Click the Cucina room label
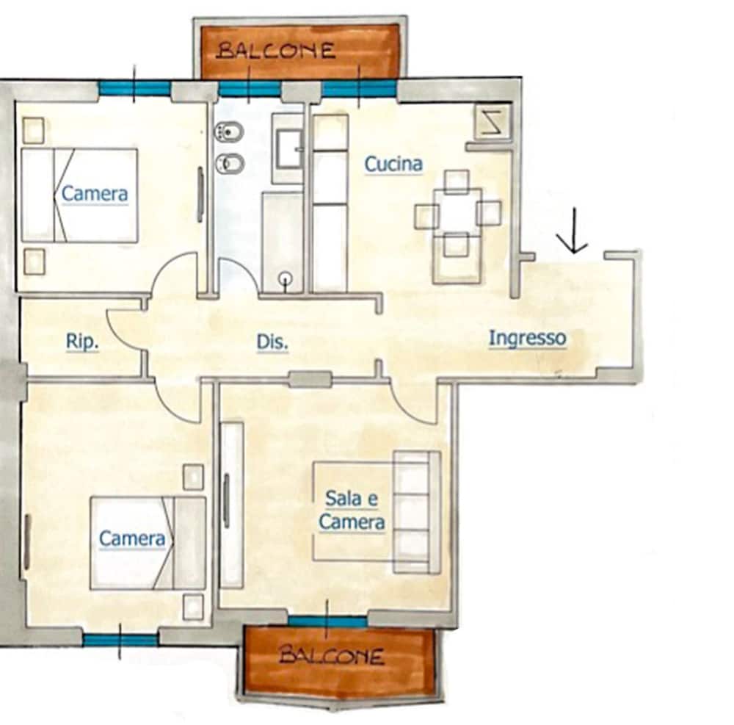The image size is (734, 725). coord(393,164)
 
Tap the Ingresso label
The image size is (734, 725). coord(528,338)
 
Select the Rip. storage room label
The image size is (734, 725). coord(82,341)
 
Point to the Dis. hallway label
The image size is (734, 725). coord(272,342)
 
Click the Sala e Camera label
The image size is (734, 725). coord(352,510)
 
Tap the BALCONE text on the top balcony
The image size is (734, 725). coord(277,50)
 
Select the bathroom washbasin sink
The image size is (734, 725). coord(288,149)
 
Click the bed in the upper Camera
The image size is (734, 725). coord(79,195)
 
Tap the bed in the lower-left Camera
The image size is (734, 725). coord(148,543)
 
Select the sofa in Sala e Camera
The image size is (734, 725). coord(417,512)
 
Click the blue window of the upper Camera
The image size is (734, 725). coord(134,88)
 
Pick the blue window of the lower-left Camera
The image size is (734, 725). coord(121,639)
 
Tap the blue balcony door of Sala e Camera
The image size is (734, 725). coord(327,621)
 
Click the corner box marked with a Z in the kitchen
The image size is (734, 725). coord(492,120)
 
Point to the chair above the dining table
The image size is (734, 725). coord(457,181)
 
